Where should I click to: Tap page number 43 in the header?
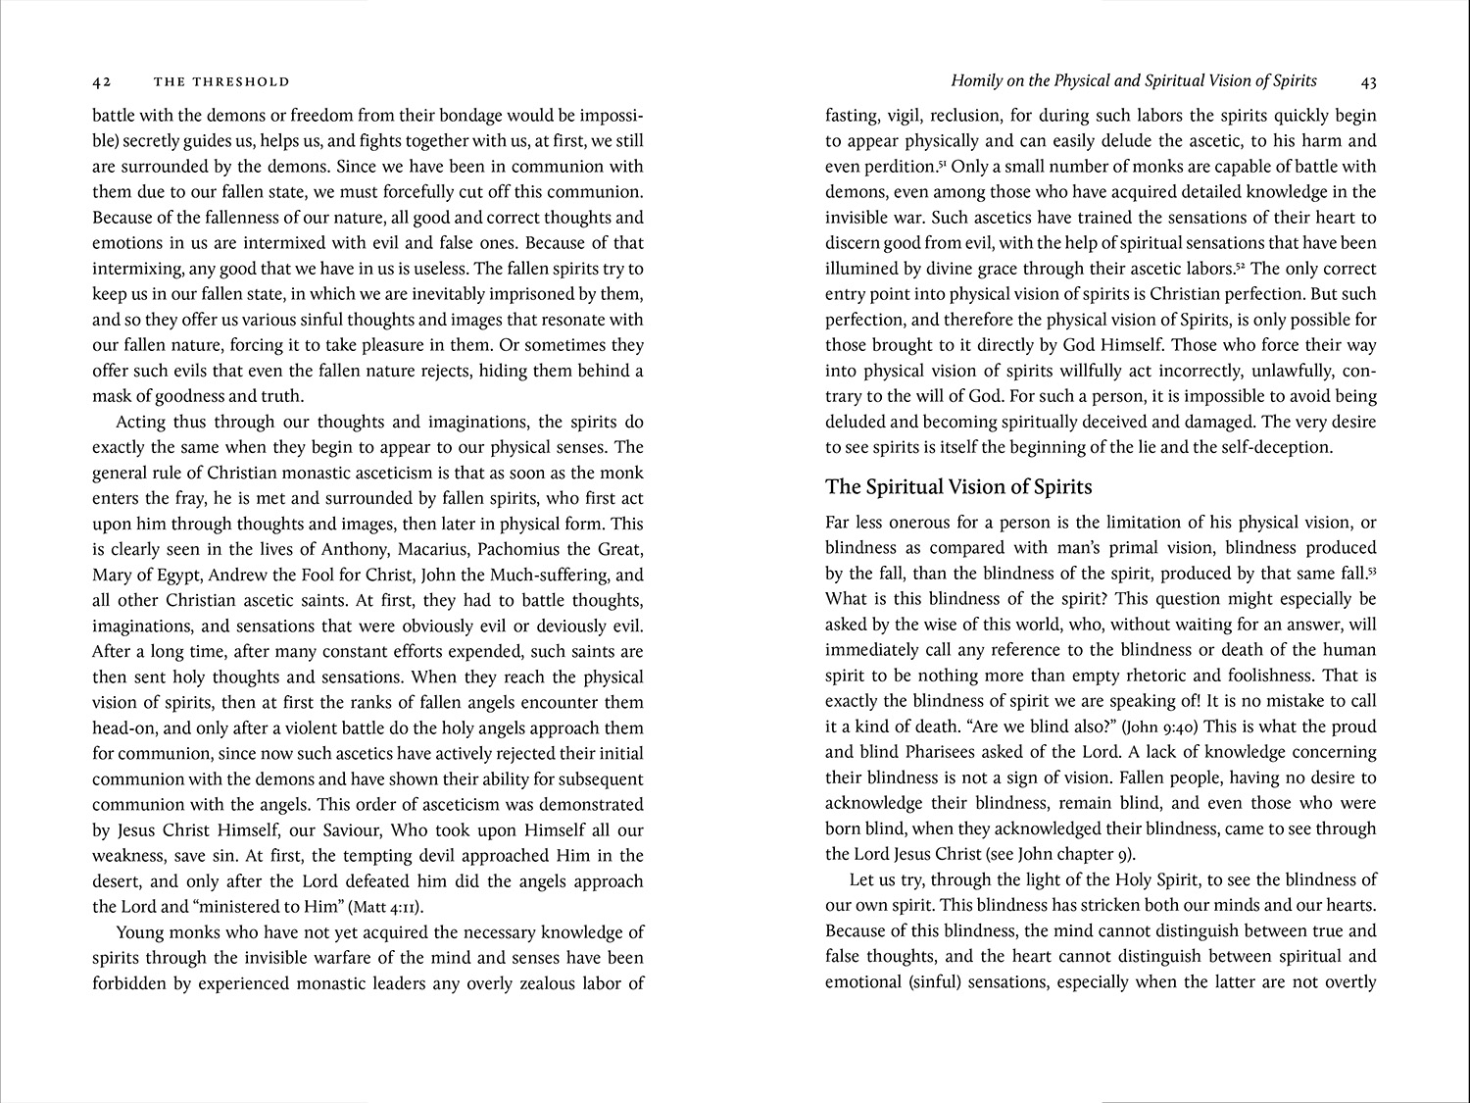(1369, 81)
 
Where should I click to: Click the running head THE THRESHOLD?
(221, 81)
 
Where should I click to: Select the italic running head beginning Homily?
(1134, 81)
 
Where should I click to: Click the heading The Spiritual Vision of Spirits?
(958, 487)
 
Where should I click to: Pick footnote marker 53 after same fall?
(1372, 570)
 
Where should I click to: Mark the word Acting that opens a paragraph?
(142, 422)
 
